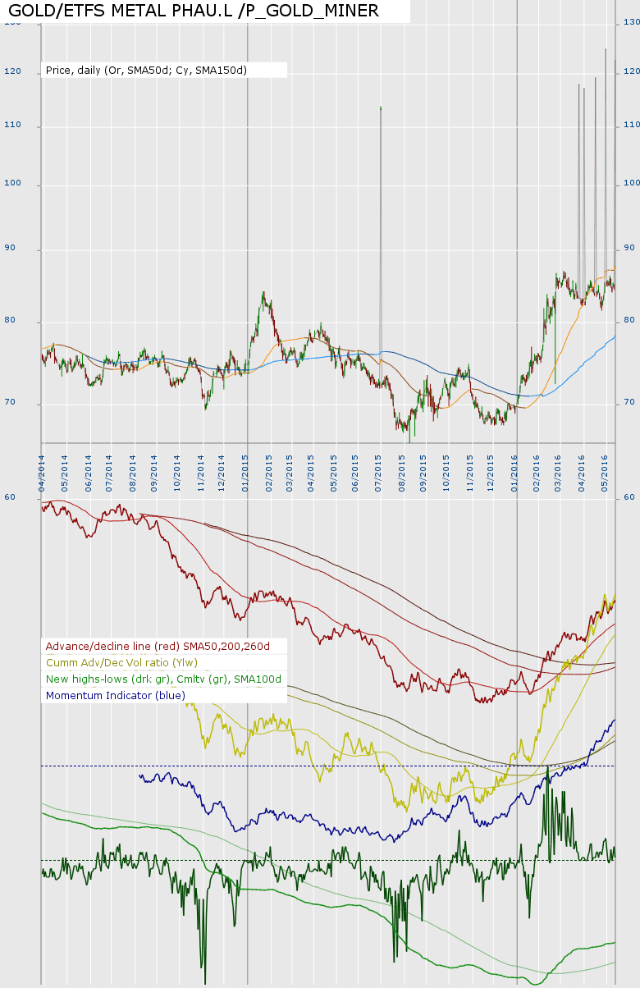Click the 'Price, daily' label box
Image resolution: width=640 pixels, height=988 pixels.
(x=146, y=71)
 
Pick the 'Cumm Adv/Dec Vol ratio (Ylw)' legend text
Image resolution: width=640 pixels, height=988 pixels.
(x=121, y=663)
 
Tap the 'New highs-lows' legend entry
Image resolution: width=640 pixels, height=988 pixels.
(x=163, y=679)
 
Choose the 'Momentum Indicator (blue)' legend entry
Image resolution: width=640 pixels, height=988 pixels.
(x=116, y=696)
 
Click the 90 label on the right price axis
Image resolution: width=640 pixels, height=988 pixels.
(x=629, y=248)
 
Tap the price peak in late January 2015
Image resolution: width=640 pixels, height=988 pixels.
(x=263, y=294)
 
